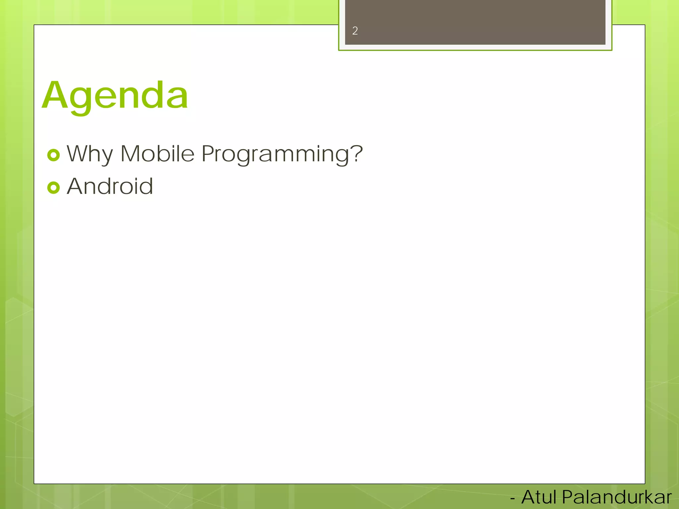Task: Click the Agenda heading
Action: pos(115,96)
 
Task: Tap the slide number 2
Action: pos(355,31)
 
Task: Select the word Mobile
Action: pos(157,154)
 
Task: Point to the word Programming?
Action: pos(282,154)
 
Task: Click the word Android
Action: pos(110,186)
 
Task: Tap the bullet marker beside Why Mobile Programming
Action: pos(53,155)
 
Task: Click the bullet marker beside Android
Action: pos(53,188)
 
